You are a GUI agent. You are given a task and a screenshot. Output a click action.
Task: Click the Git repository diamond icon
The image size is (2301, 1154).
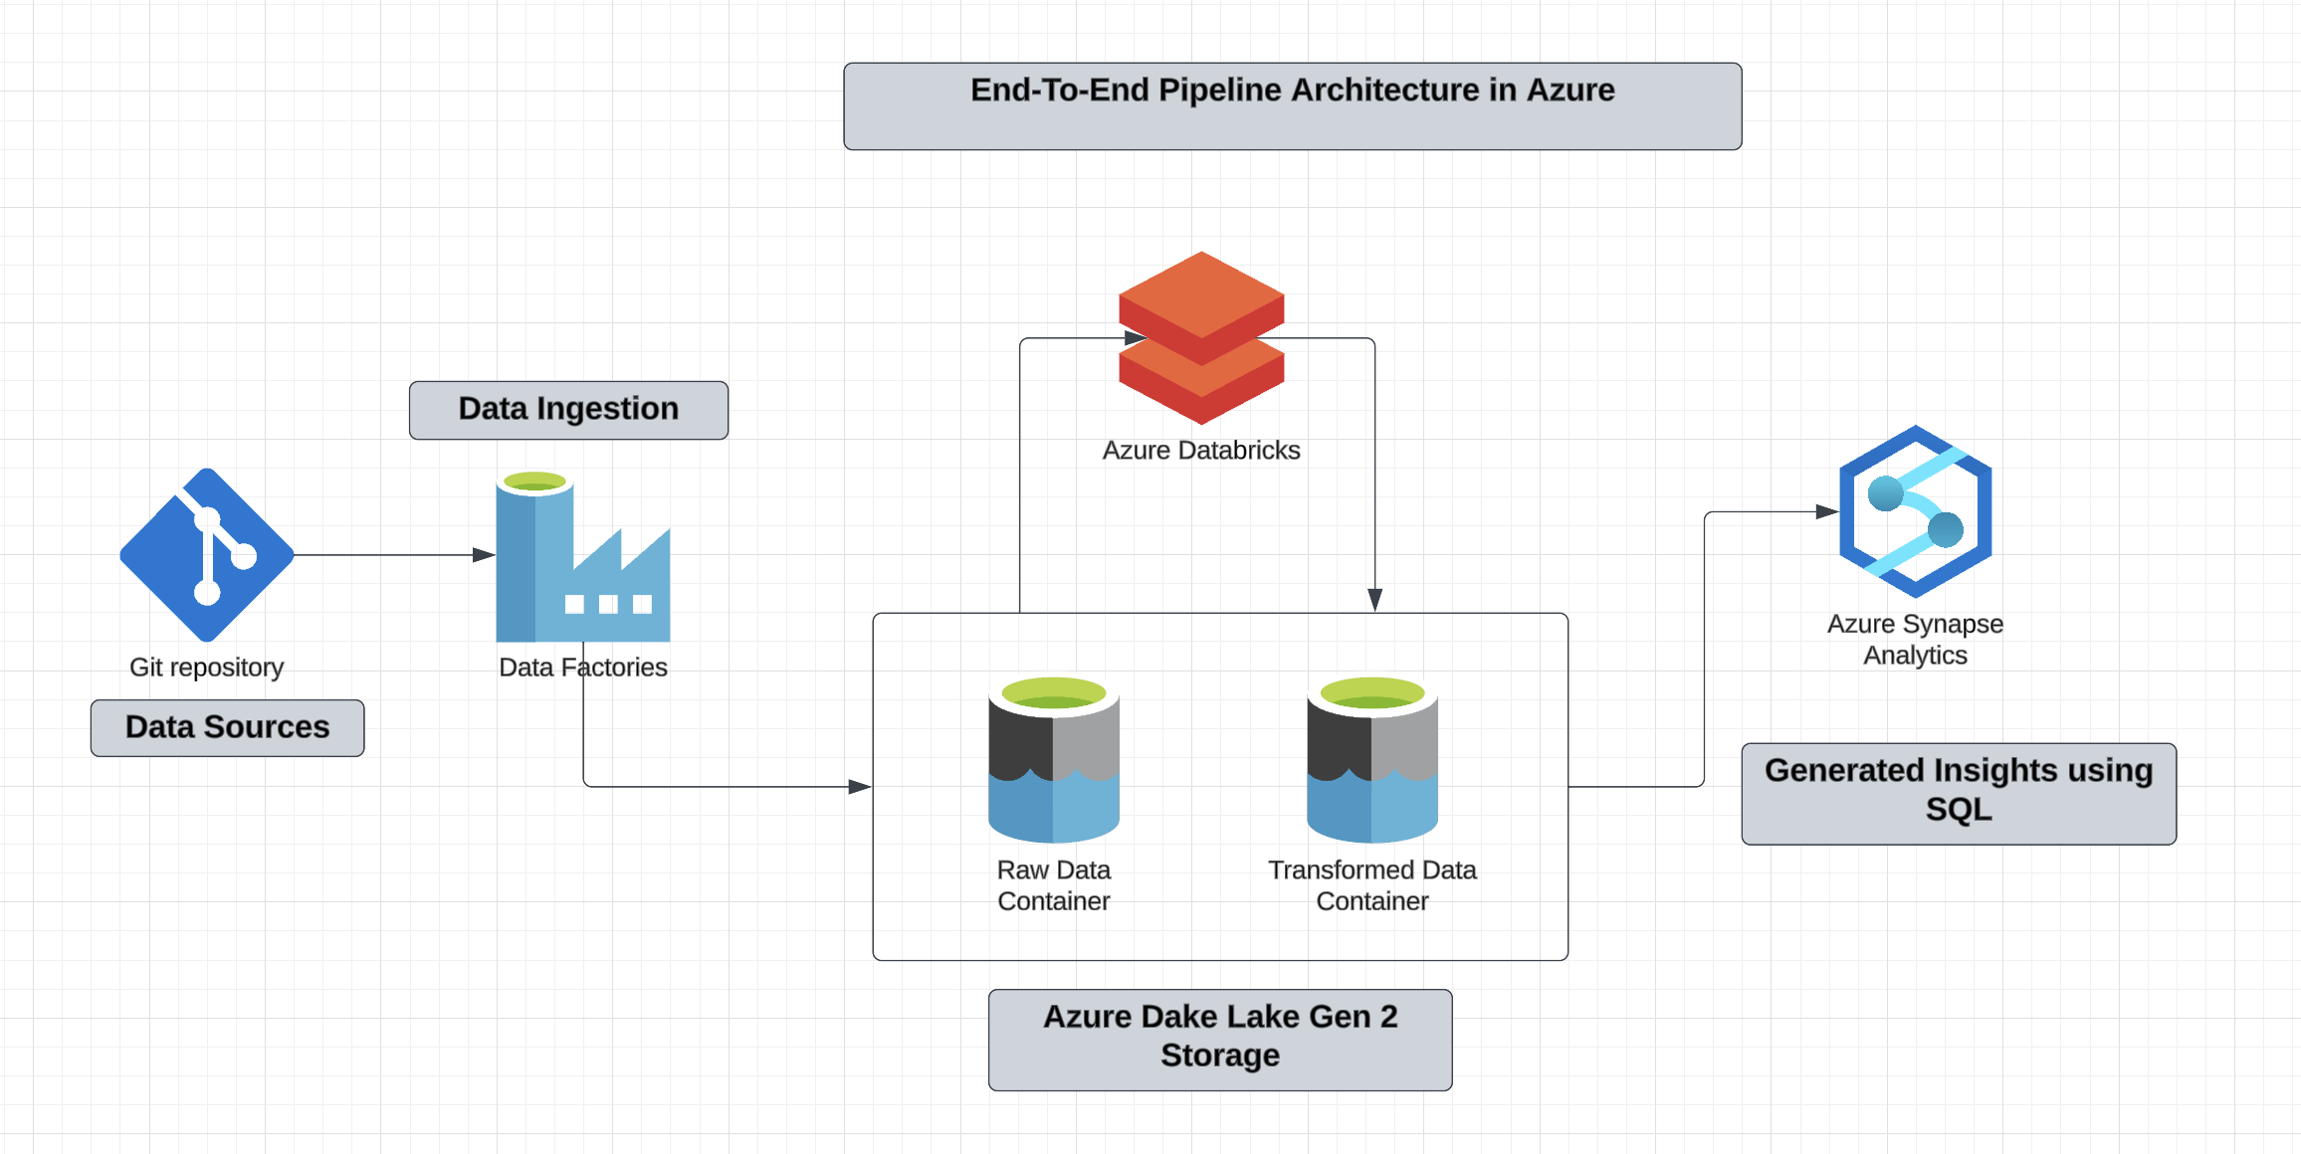tap(207, 555)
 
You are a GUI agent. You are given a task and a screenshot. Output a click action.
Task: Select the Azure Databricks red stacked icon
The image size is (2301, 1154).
tap(1201, 338)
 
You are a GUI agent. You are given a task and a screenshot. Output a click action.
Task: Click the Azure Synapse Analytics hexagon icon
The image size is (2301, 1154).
tap(1915, 511)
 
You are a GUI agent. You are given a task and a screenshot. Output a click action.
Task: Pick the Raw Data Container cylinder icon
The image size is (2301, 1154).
tap(1053, 760)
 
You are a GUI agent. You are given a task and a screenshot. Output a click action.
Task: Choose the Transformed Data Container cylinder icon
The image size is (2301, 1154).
tap(1371, 760)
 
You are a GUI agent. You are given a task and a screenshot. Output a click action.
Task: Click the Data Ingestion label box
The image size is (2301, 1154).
tap(568, 410)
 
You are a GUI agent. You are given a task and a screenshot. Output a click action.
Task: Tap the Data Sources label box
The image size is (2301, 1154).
tap(227, 727)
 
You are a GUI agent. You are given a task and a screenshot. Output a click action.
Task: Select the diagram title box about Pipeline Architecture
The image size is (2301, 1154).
tap(1292, 105)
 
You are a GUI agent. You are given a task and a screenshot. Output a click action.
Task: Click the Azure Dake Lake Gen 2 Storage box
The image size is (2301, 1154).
tap(1219, 1039)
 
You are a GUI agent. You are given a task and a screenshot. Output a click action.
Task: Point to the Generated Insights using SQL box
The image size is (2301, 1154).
tap(1958, 793)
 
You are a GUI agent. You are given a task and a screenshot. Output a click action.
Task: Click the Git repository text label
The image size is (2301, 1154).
tap(207, 667)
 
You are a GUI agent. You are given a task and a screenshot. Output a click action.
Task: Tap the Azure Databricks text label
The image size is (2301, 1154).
tap(1200, 451)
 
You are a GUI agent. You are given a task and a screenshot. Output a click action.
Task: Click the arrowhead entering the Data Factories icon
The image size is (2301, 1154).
tap(484, 555)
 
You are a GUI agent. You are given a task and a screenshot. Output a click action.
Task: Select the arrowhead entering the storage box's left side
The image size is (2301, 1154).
tap(860, 787)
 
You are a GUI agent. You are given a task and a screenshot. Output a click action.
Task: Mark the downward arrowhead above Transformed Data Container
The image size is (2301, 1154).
tap(1374, 599)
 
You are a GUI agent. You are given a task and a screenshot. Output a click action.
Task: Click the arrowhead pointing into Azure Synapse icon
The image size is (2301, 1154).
tap(1826, 511)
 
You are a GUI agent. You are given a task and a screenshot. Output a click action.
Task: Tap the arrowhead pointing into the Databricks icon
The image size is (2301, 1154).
tap(1135, 338)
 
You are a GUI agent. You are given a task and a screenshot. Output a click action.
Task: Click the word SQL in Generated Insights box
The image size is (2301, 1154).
tap(1958, 810)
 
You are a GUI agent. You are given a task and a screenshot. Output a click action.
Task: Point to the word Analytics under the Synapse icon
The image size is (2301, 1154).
tap(1915, 656)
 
